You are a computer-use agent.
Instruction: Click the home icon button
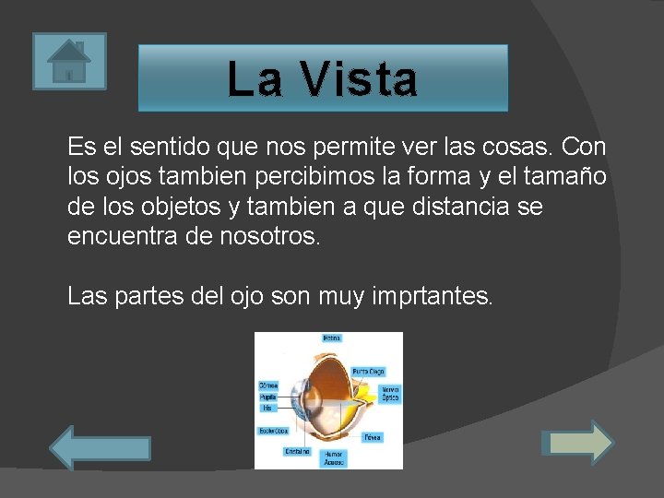69,61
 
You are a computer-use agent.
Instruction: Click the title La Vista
322,78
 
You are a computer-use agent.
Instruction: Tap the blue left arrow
99,448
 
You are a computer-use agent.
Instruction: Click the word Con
584,147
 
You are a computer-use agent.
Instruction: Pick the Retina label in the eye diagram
331,338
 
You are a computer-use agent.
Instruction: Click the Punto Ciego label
368,371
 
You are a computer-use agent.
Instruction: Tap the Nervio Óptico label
390,394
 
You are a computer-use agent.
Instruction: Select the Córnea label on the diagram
268,385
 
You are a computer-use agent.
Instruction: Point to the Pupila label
267,397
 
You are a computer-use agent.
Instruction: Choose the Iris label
267,407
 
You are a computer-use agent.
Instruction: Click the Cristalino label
297,452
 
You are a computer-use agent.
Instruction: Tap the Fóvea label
373,436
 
